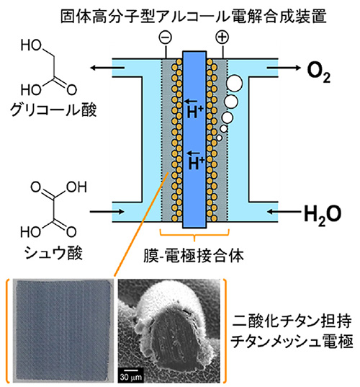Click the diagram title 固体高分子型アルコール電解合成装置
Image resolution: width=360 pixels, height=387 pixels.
tap(194, 17)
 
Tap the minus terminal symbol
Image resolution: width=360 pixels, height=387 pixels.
tap(166, 37)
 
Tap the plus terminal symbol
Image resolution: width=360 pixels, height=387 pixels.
tap(222, 37)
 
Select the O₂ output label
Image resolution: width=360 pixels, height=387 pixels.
tap(318, 71)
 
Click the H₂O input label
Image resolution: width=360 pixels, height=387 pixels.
tap(323, 214)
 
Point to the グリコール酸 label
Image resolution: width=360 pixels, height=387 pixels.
tap(53, 110)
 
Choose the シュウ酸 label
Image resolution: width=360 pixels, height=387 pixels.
tap(53, 253)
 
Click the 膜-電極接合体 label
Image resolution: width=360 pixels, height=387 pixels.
tap(194, 256)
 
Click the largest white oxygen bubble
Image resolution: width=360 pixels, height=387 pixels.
tap(234, 83)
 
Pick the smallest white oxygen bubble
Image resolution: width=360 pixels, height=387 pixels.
tap(219, 138)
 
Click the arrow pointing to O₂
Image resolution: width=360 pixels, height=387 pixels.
tap(284, 67)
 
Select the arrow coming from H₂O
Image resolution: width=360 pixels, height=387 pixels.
tap(284, 212)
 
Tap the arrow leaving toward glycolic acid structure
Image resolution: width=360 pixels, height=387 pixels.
tap(107, 67)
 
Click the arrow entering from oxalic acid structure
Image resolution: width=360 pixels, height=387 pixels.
tap(107, 212)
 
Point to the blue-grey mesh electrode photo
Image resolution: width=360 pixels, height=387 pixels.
tap(63, 331)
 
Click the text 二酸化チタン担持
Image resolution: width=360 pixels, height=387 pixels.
tap(292, 321)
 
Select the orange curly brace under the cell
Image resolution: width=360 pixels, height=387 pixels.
tap(194, 234)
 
